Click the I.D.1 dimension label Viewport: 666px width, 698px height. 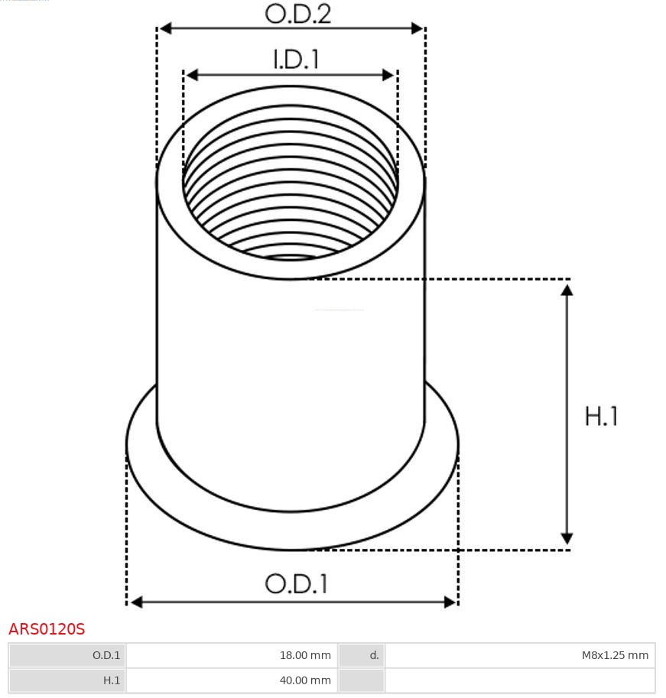point(296,60)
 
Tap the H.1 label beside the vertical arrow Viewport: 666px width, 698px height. point(601,417)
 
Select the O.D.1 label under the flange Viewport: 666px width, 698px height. point(296,584)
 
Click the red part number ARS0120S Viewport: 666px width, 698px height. point(47,629)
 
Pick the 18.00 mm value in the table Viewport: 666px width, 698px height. point(305,655)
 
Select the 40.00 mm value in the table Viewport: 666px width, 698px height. point(305,680)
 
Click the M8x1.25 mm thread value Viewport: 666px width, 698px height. point(614,655)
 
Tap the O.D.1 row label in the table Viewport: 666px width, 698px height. point(106,655)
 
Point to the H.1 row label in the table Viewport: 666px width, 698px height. point(112,680)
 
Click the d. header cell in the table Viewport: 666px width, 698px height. point(374,655)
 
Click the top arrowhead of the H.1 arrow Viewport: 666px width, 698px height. point(567,290)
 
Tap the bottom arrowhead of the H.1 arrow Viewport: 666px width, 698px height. point(567,538)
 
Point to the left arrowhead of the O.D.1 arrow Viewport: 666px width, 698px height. point(136,602)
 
